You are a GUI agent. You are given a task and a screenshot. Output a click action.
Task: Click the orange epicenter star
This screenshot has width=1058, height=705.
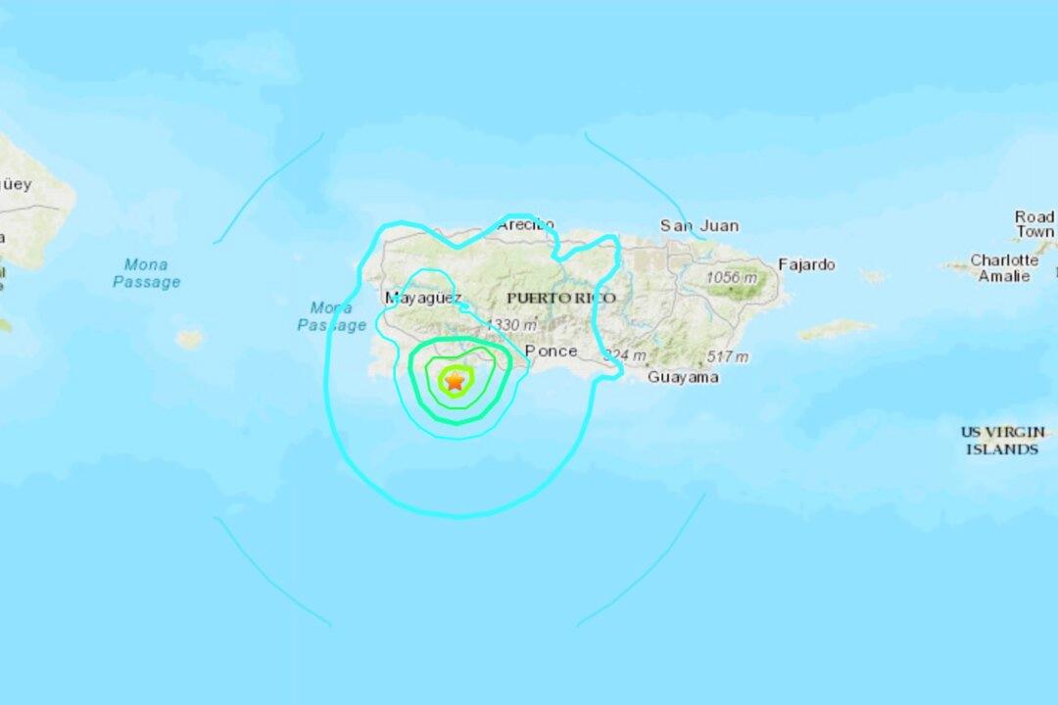455,381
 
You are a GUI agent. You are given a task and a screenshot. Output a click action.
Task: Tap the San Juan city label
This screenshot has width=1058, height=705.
698,225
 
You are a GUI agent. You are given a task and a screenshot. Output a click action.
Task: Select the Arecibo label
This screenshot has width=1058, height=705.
525,224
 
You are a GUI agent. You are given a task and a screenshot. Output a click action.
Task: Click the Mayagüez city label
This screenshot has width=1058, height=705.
422,297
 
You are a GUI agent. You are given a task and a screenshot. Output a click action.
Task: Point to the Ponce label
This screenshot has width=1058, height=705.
551,351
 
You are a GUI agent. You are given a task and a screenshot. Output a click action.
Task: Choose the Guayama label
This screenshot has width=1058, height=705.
683,377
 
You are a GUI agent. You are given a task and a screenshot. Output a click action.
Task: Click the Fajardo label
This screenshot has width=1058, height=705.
806,264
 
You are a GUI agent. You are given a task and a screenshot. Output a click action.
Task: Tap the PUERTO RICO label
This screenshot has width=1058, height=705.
561,298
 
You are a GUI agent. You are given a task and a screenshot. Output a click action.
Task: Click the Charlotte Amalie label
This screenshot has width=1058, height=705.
1004,267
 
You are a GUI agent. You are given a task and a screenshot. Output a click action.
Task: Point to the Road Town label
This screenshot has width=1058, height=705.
1034,224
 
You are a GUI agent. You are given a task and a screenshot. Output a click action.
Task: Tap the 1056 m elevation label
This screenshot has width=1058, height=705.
732,278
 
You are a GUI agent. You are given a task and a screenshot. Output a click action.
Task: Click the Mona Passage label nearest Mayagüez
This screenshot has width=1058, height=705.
331,316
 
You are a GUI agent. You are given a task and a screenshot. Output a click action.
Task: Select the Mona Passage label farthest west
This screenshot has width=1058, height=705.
146,273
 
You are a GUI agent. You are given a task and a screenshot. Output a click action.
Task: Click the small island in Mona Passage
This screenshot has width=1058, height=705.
189,339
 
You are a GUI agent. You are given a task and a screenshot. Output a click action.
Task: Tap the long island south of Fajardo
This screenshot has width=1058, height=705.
836,329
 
